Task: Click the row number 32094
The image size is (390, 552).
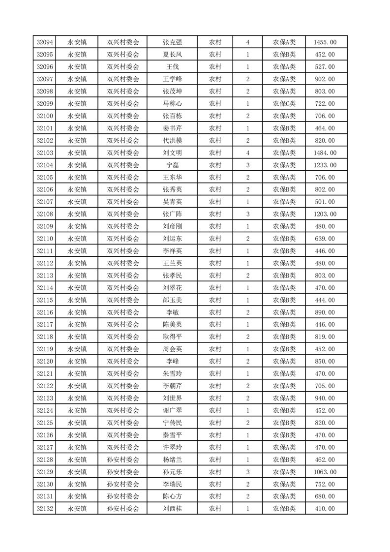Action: [45, 42]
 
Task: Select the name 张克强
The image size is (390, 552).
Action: [172, 42]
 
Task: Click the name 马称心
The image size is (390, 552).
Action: [172, 104]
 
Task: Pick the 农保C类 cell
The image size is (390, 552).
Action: [284, 104]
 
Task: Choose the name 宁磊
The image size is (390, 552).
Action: [172, 165]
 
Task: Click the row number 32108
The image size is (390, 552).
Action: [45, 214]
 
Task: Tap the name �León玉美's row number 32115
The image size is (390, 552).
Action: [45, 300]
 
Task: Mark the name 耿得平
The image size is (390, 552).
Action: [172, 337]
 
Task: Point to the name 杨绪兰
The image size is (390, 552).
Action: [172, 460]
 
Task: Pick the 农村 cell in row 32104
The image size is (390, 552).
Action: [215, 165]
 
